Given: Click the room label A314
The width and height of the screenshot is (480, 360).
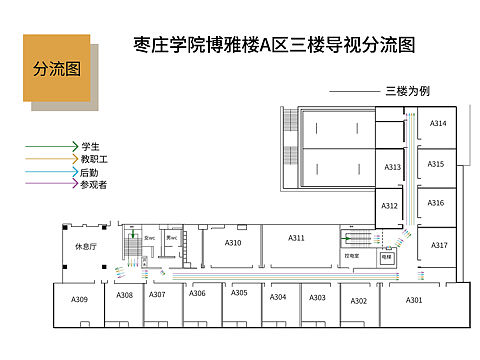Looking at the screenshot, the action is (x=438, y=123).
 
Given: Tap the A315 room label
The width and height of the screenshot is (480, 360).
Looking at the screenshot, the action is (x=436, y=163).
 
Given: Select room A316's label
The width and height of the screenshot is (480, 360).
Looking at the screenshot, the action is (x=436, y=203).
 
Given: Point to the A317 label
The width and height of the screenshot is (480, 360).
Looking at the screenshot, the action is (x=439, y=245).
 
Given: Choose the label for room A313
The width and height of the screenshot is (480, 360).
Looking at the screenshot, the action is (x=392, y=167).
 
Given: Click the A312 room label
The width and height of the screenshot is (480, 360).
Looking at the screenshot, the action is (x=390, y=206).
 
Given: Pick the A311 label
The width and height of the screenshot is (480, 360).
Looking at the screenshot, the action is (x=296, y=238).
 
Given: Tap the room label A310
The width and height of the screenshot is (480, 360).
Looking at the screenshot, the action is (x=233, y=243).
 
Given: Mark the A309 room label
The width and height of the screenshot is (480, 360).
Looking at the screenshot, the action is (x=79, y=299).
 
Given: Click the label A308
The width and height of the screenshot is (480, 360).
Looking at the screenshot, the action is (x=124, y=296).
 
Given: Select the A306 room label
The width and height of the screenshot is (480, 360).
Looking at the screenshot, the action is (x=197, y=293).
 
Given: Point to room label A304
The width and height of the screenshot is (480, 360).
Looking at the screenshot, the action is (x=278, y=297).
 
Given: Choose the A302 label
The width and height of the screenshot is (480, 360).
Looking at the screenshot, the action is (x=359, y=300).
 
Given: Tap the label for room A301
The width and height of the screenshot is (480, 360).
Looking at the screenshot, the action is (x=414, y=300).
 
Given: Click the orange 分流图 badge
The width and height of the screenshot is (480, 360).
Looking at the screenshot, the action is (x=57, y=68).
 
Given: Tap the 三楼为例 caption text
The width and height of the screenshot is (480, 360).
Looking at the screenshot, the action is (x=407, y=91).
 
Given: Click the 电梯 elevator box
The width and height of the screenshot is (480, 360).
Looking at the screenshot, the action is (x=387, y=257).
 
